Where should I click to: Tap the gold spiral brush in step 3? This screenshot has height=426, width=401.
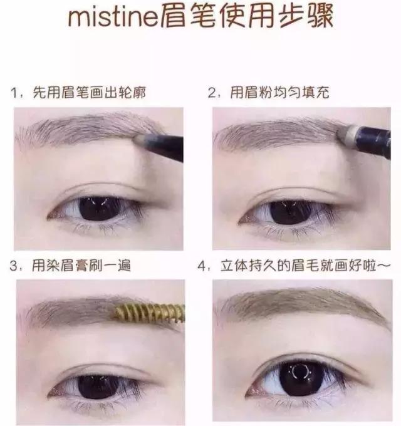150,310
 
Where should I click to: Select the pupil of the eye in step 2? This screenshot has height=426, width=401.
288,211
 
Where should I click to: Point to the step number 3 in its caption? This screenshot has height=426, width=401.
14,266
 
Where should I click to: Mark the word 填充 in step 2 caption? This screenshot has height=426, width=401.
317,94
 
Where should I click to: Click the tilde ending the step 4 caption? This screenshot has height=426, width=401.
383,266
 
